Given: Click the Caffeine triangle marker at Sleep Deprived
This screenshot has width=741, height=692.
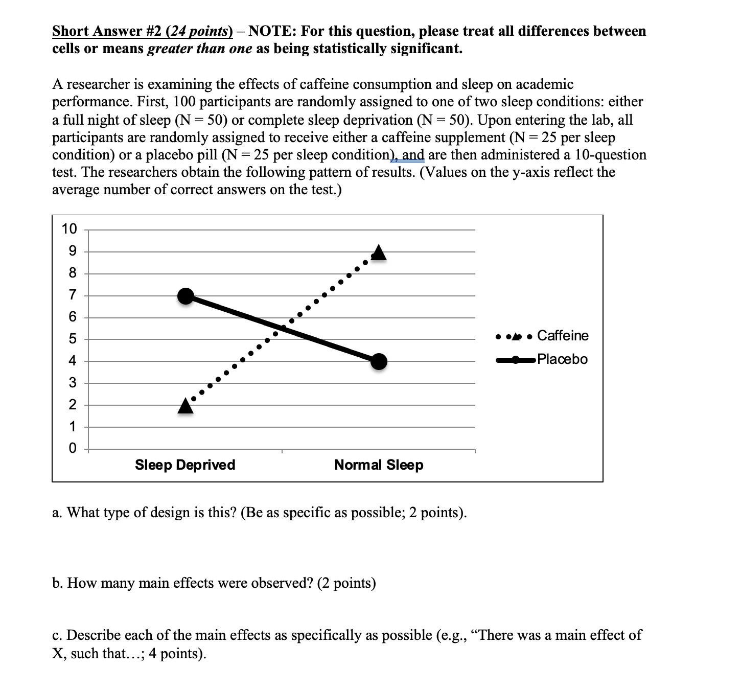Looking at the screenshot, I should point(186,406).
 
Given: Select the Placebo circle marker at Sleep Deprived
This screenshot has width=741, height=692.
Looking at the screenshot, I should point(186,296).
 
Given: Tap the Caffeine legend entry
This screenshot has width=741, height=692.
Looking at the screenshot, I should point(563,336).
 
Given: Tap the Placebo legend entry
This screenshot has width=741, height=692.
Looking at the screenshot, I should point(562,359).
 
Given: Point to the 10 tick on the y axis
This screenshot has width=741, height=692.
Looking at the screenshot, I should point(69,229).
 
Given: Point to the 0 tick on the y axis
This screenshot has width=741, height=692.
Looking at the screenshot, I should point(72,449).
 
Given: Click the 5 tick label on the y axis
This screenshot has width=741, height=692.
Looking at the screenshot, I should point(72,339).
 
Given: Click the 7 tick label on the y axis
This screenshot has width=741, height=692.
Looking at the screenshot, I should point(72,295).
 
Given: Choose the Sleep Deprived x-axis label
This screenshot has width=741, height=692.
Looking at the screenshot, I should point(185,465).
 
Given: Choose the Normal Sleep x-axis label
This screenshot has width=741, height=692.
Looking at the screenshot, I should point(379,465).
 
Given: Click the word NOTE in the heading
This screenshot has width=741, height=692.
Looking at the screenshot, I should point(269,31).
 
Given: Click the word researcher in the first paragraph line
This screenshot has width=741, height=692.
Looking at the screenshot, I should point(97,84).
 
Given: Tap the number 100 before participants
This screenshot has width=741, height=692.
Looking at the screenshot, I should point(185,102).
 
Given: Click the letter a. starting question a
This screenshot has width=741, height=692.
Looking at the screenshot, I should point(57,513).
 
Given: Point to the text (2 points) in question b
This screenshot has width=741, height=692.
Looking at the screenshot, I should point(346,583).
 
